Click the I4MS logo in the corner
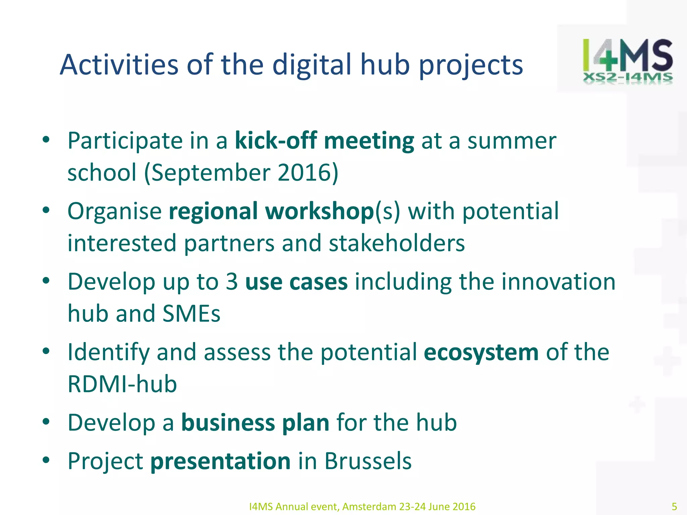tap(627, 60)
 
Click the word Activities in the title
tap(119, 64)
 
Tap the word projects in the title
tap(471, 65)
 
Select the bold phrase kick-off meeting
tap(324, 141)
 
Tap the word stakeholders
tap(397, 243)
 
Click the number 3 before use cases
tap(232, 282)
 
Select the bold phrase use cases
tap(297, 282)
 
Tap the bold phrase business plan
tap(255, 422)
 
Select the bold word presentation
tap(220, 461)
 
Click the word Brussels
tap(368, 461)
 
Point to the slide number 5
tap(674, 506)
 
